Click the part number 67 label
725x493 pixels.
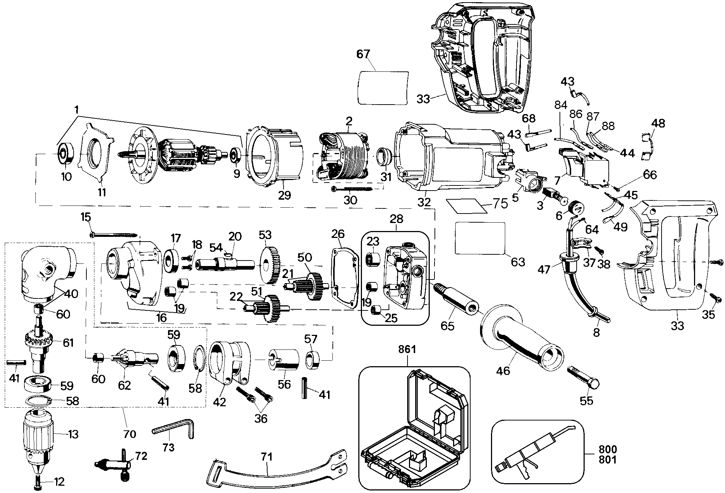click(x=363, y=54)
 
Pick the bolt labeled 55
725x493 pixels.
click(x=583, y=379)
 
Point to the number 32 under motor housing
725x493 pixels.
click(x=424, y=202)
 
